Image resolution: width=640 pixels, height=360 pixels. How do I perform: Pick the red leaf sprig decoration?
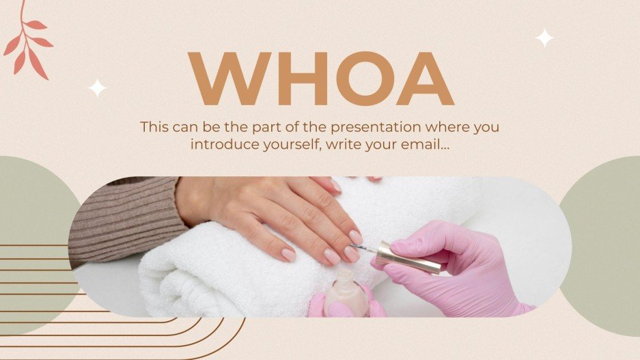click(27, 41)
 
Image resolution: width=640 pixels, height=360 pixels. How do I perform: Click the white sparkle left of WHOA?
click(98, 88)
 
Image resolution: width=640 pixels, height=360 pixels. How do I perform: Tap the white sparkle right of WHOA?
click(544, 38)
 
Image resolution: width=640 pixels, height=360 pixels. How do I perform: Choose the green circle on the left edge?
click(34, 205)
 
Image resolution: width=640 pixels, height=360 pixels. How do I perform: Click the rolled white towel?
click(225, 273)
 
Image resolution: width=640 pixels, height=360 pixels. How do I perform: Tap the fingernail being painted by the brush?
click(355, 238)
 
